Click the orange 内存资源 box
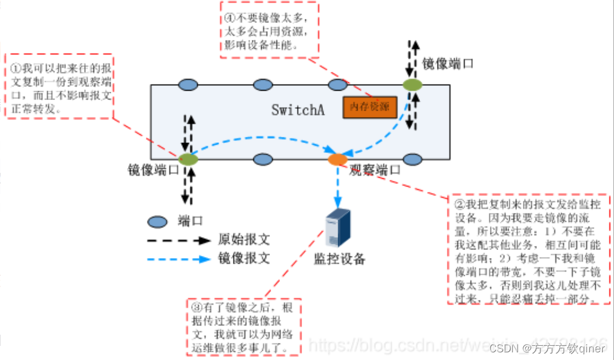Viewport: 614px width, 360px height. coord(370,107)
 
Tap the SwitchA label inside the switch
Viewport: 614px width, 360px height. coord(298,110)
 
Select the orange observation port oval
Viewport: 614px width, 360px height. coord(338,159)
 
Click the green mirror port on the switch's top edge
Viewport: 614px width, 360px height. coord(413,85)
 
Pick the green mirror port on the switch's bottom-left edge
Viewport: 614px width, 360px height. coord(188,159)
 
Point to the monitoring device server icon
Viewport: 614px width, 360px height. coord(338,228)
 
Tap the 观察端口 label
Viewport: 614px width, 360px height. coord(375,171)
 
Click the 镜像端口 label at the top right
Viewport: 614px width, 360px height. coord(448,64)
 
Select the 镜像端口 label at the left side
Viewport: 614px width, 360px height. coord(153,170)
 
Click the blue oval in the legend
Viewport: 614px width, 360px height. coord(157,222)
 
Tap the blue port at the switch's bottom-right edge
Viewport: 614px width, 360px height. coord(413,159)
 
